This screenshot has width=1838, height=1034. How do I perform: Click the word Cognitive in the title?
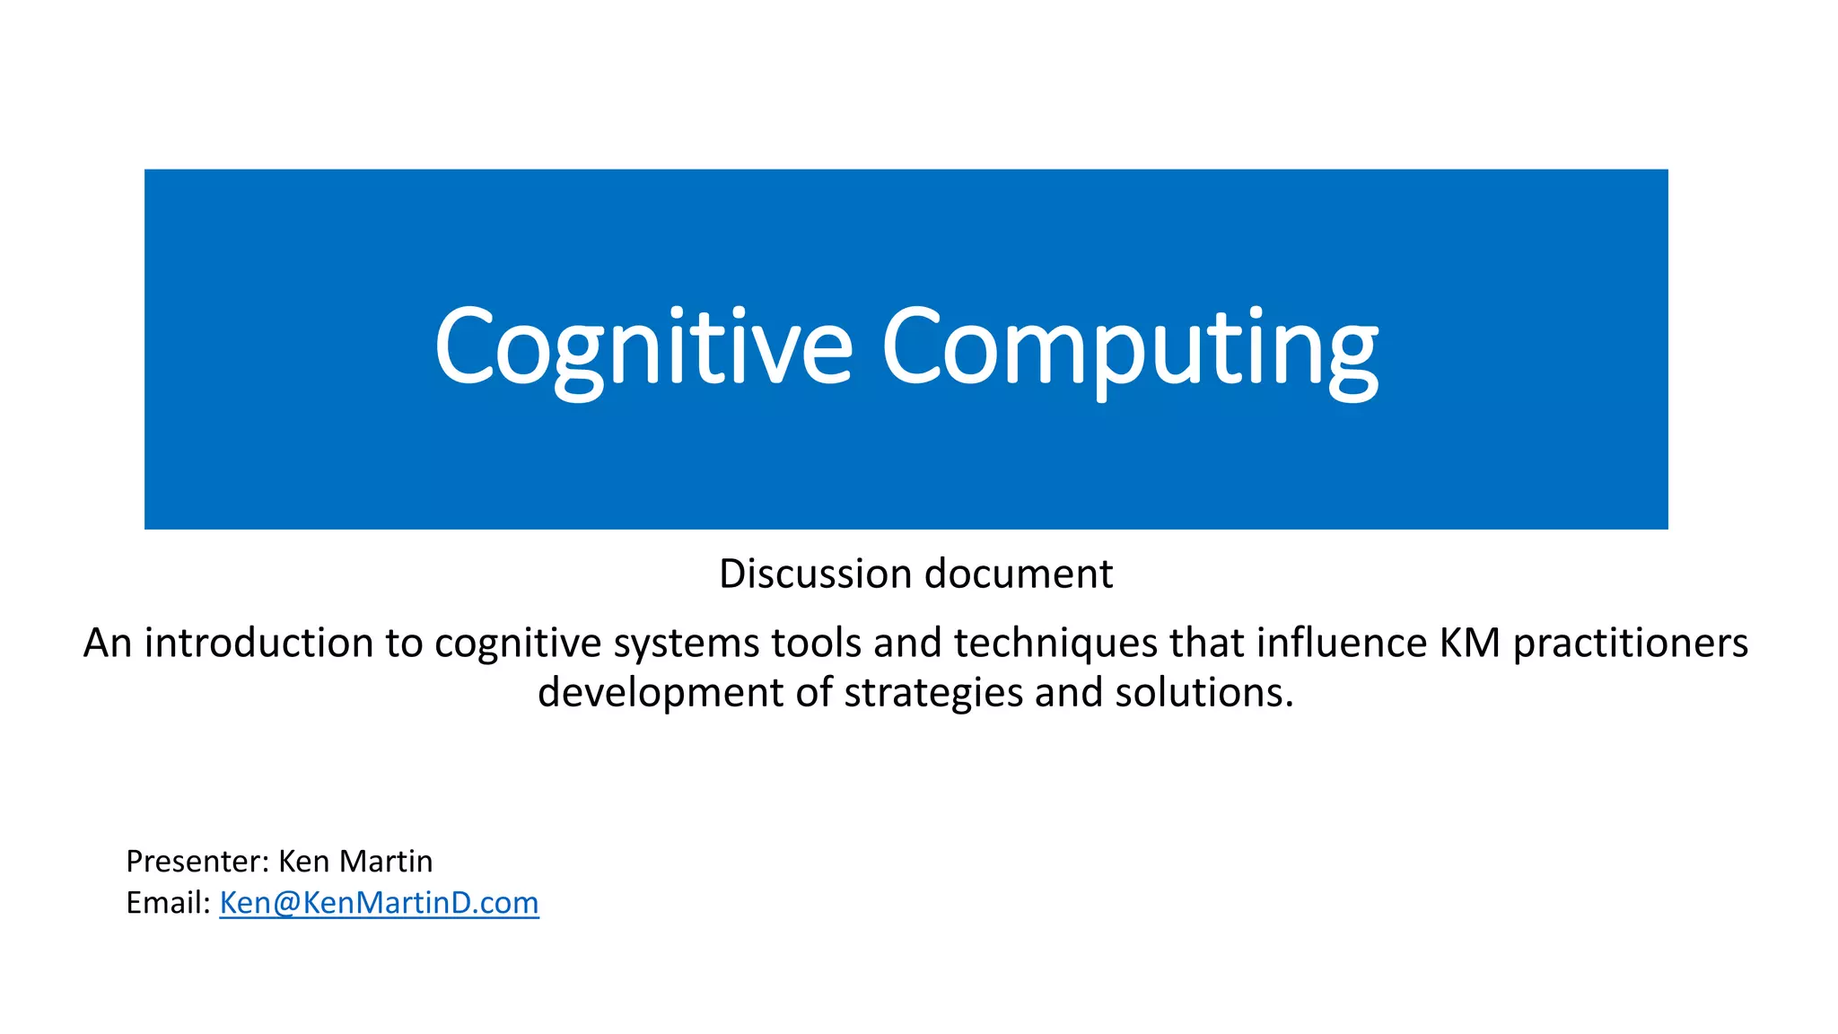643,348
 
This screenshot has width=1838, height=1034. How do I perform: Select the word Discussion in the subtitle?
815,574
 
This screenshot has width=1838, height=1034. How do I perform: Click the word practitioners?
1631,643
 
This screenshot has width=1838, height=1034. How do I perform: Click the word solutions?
1203,692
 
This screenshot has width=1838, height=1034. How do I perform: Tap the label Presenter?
197,862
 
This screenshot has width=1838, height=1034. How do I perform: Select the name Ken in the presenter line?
305,862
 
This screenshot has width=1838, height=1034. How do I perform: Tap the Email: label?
168,903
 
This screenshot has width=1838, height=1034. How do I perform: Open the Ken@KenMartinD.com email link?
379,903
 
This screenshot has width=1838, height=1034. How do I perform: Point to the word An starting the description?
108,643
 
